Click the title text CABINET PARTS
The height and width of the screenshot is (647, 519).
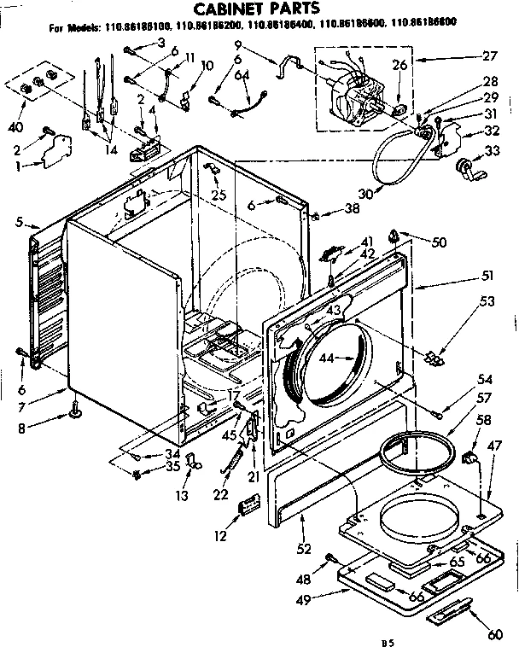259,9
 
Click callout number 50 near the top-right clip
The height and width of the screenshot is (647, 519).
440,243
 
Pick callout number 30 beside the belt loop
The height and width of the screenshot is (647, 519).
366,195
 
